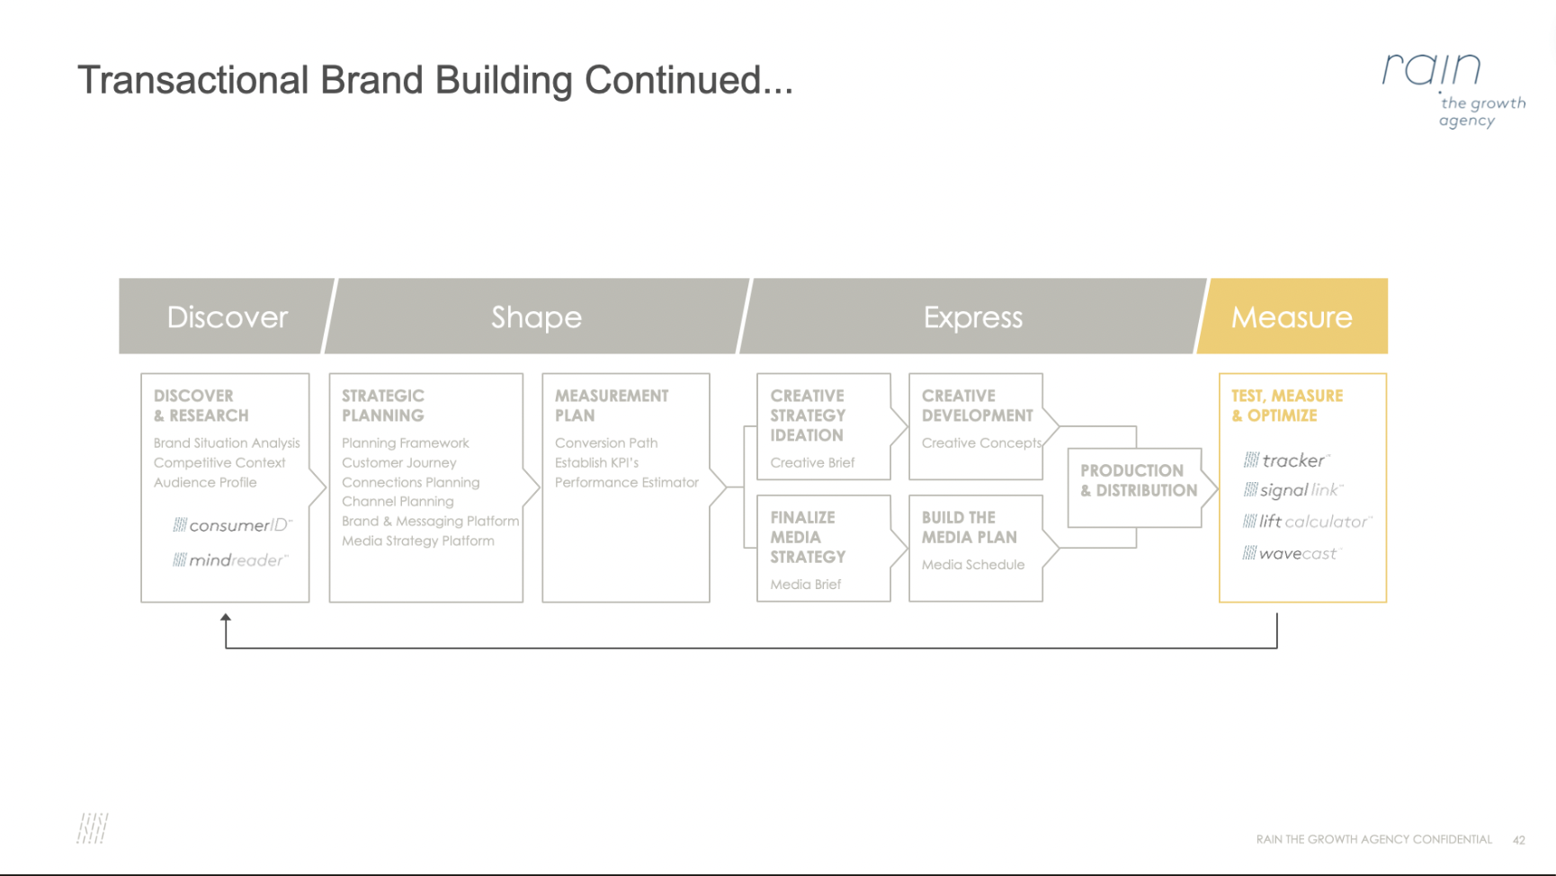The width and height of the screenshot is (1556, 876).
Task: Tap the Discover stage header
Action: tap(227, 317)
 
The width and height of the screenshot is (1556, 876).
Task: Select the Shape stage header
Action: tap(537, 317)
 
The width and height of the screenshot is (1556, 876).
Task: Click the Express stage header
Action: tap(973, 317)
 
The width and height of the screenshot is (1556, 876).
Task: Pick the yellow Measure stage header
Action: tap(1292, 317)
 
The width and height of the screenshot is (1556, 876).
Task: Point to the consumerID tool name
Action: tap(233, 525)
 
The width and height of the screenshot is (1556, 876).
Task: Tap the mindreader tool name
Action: tap(230, 560)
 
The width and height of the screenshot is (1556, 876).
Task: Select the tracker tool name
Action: tap(1286, 460)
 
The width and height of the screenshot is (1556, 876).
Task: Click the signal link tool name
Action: tap(1293, 490)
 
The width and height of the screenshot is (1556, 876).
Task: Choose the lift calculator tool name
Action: tap(1308, 522)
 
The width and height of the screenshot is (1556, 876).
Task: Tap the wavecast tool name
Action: tap(1292, 553)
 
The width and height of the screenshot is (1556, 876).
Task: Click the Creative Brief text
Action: tap(812, 462)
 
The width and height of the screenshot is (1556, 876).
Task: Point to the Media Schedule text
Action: tap(973, 565)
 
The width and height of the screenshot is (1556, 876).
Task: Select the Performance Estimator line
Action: tap(627, 482)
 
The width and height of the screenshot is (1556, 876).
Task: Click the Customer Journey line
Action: tap(399, 462)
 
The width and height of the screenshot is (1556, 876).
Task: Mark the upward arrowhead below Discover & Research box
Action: tap(226, 618)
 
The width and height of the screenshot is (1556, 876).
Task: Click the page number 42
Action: tap(1519, 840)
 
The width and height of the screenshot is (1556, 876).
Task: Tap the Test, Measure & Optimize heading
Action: tap(1287, 406)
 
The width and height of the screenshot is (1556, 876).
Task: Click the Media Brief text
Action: tap(806, 585)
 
